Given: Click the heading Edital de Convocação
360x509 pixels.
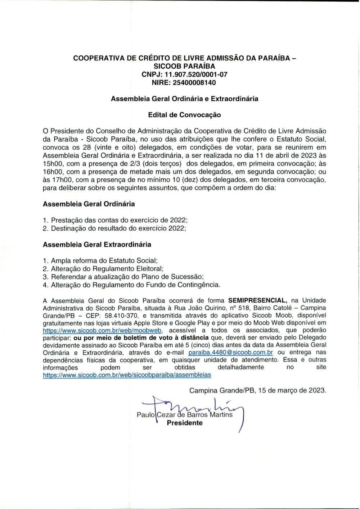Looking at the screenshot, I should [184, 115].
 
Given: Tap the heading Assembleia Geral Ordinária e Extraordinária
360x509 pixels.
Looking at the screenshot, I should [184, 99].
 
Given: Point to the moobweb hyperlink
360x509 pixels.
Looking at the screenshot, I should [102, 331].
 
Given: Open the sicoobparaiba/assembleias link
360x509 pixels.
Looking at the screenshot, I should [127, 375].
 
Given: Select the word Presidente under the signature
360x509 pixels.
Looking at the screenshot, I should [184, 423].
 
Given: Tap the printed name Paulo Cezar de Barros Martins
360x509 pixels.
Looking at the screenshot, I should [184, 415].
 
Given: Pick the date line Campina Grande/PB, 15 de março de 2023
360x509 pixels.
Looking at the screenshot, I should [258, 390].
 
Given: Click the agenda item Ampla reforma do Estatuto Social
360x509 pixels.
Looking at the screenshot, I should [104, 261].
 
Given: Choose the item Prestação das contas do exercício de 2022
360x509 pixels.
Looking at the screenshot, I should [119, 220].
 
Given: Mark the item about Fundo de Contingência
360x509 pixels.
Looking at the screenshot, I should [135, 285].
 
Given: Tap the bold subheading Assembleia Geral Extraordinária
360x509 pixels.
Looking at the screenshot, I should [97, 245].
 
